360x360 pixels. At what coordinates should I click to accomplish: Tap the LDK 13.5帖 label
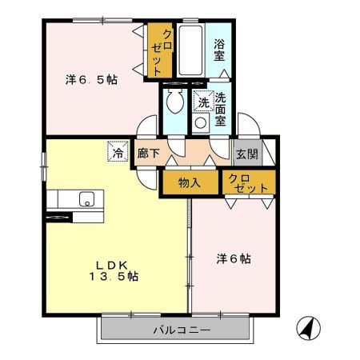coord(114,270)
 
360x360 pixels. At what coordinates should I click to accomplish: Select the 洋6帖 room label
coord(234,259)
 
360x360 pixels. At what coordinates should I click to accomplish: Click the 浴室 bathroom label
coord(219,51)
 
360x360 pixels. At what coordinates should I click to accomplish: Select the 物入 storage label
coord(189,183)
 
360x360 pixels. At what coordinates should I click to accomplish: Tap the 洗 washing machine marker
coord(203,102)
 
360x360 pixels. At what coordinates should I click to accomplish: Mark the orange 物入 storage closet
coord(189,183)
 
